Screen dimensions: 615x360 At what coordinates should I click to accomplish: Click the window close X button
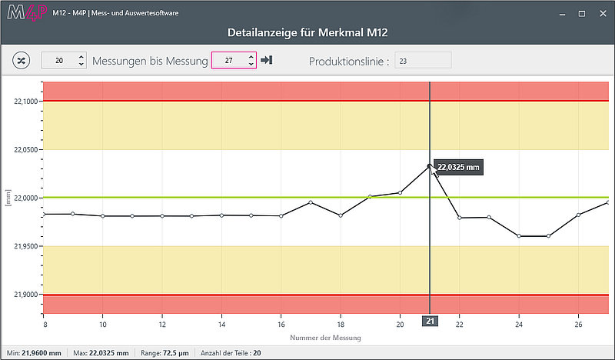pos(603,14)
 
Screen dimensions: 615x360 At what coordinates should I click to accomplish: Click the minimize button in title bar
pos(563,15)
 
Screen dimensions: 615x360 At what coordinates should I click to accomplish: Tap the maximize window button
pos(582,14)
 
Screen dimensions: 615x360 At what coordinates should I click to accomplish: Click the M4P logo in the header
pos(27,12)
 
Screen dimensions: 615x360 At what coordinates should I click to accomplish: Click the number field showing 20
pos(64,61)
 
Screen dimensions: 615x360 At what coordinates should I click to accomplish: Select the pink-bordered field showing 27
pos(234,60)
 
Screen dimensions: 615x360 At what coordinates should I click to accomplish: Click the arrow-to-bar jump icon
pos(267,60)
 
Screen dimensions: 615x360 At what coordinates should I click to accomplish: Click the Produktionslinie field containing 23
pos(423,61)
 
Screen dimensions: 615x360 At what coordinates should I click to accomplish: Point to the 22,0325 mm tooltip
pos(458,167)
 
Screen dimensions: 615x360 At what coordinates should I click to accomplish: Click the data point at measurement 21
pos(430,166)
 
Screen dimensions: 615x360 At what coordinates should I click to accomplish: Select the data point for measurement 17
pos(311,202)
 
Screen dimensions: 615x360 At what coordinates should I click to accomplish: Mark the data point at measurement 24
pos(519,236)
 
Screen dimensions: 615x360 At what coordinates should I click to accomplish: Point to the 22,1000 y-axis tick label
pos(26,102)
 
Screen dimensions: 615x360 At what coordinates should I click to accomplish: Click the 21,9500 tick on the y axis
pos(26,247)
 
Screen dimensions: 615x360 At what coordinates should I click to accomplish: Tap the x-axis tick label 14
pos(221,325)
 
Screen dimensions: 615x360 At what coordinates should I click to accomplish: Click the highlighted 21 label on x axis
pos(430,321)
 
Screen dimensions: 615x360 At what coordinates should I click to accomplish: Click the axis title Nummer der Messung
pos(325,338)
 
